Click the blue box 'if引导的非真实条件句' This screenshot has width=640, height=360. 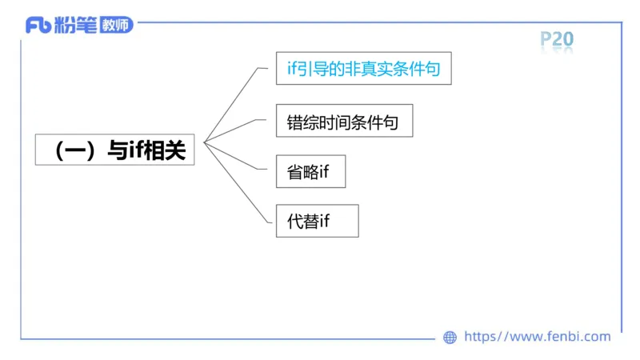click(x=363, y=70)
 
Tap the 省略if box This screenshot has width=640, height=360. click(x=310, y=171)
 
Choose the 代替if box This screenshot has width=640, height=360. click(x=317, y=221)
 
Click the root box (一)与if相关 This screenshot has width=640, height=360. click(x=115, y=150)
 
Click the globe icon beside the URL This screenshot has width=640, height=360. click(x=450, y=338)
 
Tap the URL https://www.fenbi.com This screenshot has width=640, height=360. click(x=537, y=337)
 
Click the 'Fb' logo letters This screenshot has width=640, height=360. click(x=38, y=26)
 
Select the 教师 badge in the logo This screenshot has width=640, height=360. click(x=117, y=26)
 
